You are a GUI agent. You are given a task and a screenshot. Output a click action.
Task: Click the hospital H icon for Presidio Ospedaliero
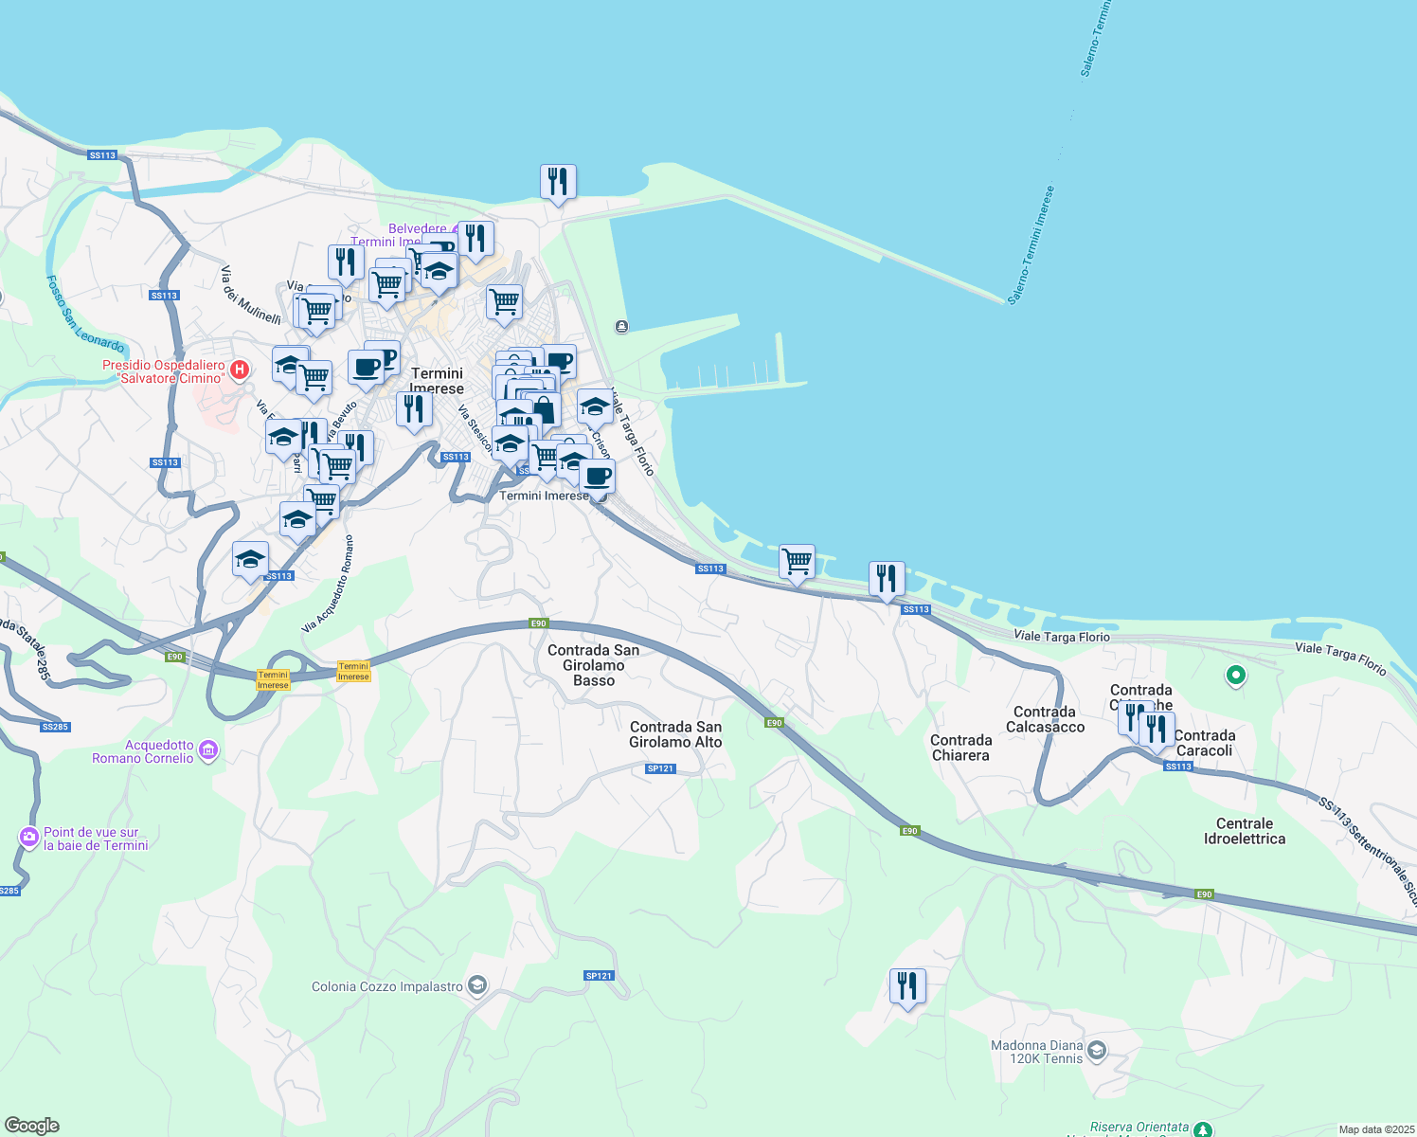[x=240, y=369]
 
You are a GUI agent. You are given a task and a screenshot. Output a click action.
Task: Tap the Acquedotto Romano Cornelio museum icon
[x=209, y=751]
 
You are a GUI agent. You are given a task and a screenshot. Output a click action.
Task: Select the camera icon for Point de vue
[x=29, y=838]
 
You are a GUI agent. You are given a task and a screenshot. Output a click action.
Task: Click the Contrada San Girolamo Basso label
[x=593, y=665]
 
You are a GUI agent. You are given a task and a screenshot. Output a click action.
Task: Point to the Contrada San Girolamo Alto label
[x=675, y=734]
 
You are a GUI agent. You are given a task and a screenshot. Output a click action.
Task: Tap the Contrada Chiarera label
[x=960, y=748]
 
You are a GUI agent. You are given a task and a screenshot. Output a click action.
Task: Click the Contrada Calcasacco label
[x=1045, y=719]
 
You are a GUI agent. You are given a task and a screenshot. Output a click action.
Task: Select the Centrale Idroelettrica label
[x=1244, y=831]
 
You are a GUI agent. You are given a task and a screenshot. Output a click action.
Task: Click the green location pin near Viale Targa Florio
[x=1235, y=676]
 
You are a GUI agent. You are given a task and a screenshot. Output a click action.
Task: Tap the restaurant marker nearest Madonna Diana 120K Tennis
[x=907, y=986]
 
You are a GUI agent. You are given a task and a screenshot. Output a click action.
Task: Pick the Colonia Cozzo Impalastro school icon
[x=477, y=986]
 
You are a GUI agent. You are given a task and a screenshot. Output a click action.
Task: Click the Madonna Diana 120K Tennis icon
[x=1097, y=1050]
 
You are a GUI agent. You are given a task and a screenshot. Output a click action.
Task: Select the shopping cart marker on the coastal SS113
[x=797, y=562]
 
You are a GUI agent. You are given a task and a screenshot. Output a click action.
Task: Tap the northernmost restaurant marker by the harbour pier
[x=558, y=182]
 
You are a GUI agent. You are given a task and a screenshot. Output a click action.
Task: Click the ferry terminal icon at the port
[x=621, y=327]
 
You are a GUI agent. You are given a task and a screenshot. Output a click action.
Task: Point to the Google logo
[x=32, y=1126]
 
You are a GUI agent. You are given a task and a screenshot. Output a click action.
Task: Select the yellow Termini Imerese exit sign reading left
[x=273, y=680]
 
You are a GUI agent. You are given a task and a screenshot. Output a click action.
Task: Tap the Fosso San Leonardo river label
[x=85, y=314]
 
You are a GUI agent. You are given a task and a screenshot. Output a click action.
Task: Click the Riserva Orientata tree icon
[x=1202, y=1129]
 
